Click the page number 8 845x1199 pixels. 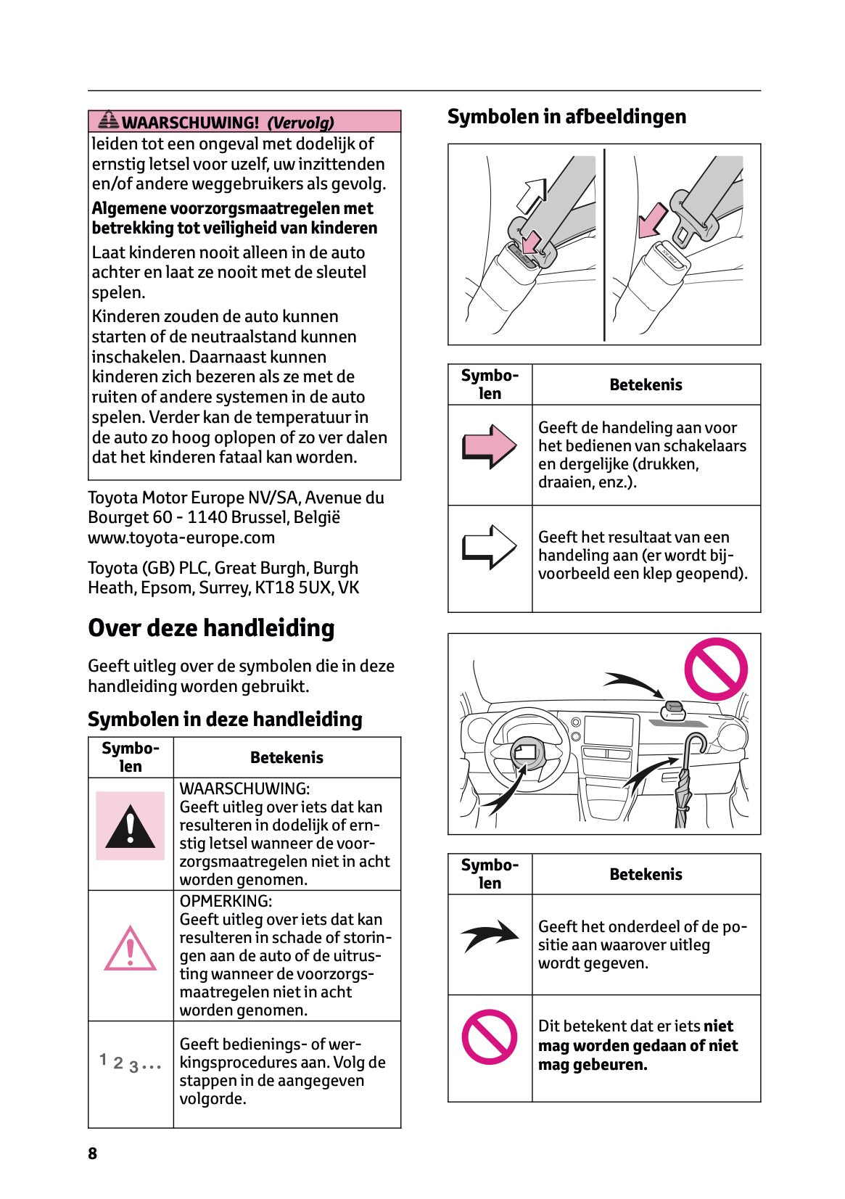(x=92, y=1153)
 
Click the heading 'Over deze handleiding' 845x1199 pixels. (x=211, y=628)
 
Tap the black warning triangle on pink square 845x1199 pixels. (x=131, y=827)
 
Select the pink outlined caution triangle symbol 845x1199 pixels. (x=130, y=949)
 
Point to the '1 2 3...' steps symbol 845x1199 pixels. (x=131, y=1063)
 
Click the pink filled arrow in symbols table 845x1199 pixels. (x=490, y=445)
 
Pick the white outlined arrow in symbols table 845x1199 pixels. (x=490, y=546)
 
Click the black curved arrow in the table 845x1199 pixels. (x=490, y=936)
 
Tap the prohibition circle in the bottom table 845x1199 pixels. (x=490, y=1037)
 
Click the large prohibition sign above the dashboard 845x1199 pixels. (x=716, y=669)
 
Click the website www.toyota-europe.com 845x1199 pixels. (x=181, y=537)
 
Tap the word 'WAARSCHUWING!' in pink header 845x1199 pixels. (x=190, y=123)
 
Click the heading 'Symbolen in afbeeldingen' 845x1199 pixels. (x=566, y=117)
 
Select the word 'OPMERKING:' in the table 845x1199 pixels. (x=226, y=901)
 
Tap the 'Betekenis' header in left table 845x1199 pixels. (x=287, y=757)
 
